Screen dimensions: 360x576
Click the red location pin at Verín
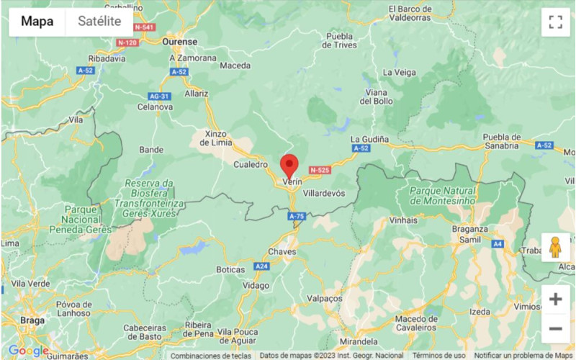tap(289, 165)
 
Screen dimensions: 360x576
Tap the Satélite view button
tap(99, 21)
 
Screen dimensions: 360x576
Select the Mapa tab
tap(37, 21)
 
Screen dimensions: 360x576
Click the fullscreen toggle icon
tap(554, 22)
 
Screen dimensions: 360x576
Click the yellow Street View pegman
tap(554, 247)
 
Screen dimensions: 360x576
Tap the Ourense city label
tap(179, 42)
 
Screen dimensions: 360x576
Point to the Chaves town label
tap(282, 251)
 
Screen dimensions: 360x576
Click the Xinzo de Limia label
tap(216, 139)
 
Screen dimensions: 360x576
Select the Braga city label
tap(32, 320)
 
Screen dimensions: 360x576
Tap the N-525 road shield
tap(319, 170)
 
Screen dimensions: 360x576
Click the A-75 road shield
tap(297, 216)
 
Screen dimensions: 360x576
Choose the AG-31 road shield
tap(158, 96)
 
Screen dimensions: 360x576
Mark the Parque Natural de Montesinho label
tap(442, 195)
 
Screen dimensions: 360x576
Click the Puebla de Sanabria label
tap(512, 141)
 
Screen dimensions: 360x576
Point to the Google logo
tap(27, 351)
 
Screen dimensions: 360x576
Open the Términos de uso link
tap(438, 356)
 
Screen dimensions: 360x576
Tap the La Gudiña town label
tap(369, 138)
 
